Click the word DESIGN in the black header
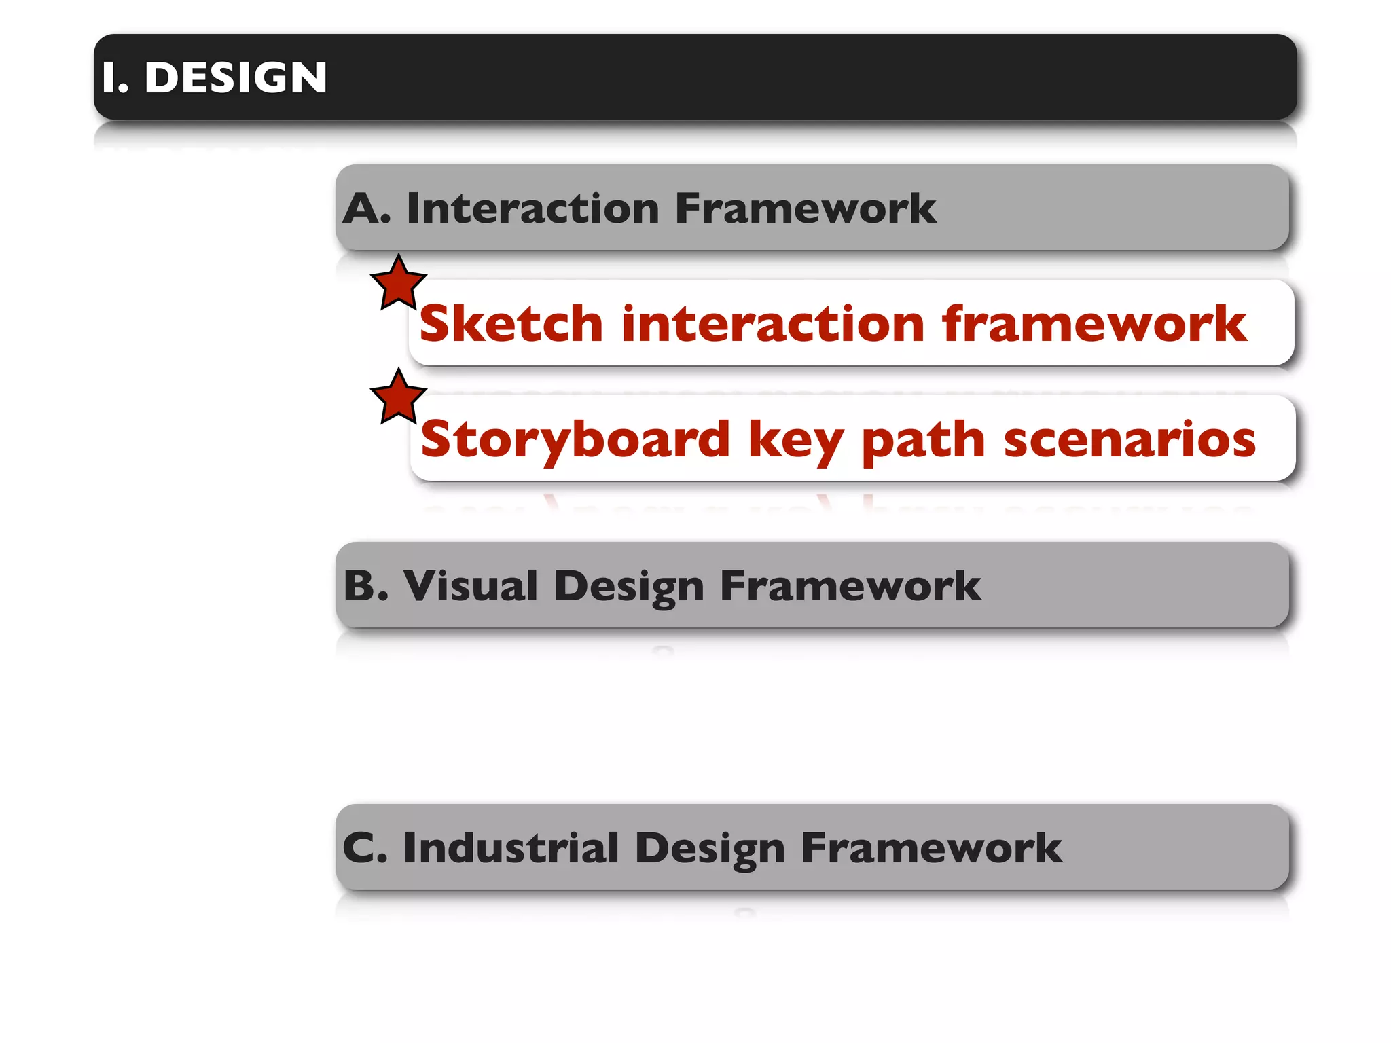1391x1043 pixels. (236, 77)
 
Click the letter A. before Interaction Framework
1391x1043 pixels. (366, 208)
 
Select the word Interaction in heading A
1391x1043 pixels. (532, 208)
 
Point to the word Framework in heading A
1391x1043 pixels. (806, 208)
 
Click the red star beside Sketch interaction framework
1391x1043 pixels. (399, 284)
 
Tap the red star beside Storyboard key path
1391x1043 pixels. (399, 398)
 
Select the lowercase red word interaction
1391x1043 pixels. (773, 323)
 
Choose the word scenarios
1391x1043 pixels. (1130, 439)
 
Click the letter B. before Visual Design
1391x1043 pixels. (366, 585)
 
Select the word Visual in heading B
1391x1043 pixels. (471, 585)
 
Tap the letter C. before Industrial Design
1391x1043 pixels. (365, 848)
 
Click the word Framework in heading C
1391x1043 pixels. (931, 848)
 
